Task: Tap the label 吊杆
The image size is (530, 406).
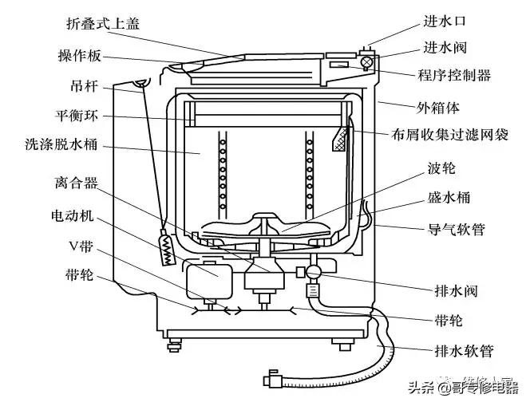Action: pos(83,85)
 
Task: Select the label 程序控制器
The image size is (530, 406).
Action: pos(453,77)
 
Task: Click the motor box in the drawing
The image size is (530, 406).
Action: pos(206,278)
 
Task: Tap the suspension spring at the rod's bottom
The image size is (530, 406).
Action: pos(167,250)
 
